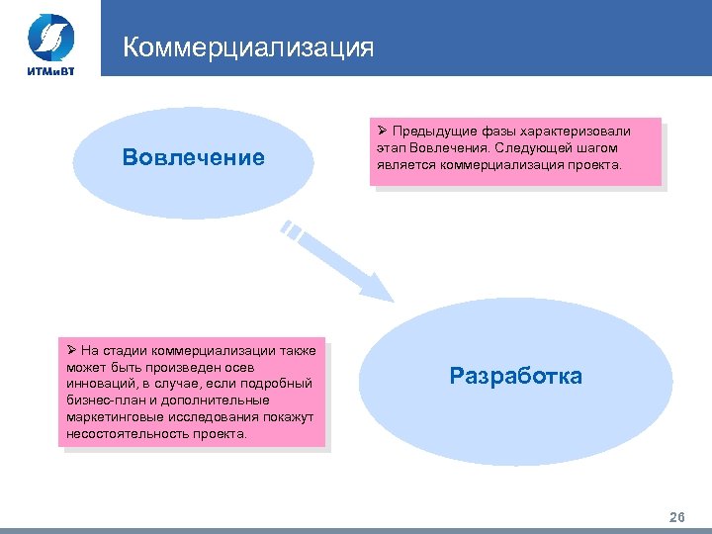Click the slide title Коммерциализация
(x=248, y=48)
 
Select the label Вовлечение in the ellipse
(x=194, y=157)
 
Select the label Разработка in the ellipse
(x=515, y=376)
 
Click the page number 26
(x=677, y=517)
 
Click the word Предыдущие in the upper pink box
(x=435, y=132)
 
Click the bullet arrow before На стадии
(x=71, y=350)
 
